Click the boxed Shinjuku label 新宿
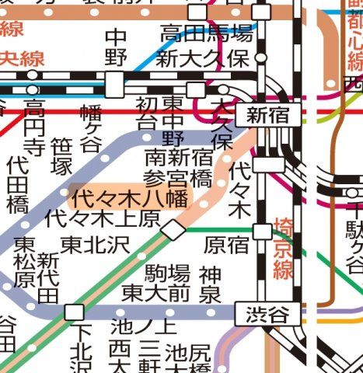[x=267, y=116]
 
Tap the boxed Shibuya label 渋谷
[x=267, y=314]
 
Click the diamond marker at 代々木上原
[x=173, y=228]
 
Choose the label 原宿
[x=226, y=245]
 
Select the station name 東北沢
[x=95, y=244]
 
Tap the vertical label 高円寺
[x=34, y=127]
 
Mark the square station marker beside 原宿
[x=263, y=231]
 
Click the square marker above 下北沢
[x=75, y=312]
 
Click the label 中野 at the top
[x=116, y=46]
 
